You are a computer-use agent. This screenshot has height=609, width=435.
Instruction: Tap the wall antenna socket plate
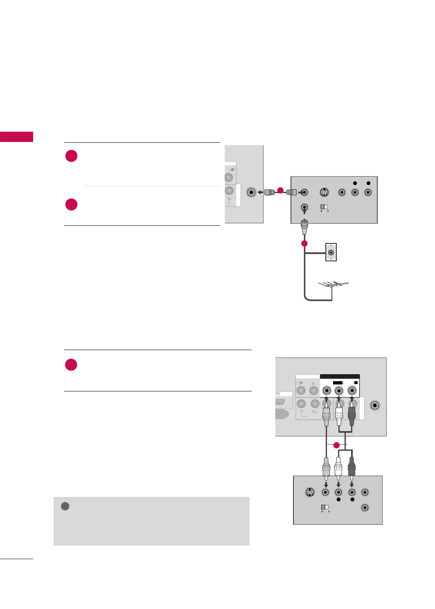pos(331,252)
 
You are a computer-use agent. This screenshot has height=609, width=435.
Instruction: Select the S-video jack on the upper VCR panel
pos(324,192)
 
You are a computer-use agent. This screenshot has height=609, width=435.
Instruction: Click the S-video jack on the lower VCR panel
pos(310,492)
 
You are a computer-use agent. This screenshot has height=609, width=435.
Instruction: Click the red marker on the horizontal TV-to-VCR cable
pos(280,190)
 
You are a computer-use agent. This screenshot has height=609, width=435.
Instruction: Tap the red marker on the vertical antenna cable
pos(304,243)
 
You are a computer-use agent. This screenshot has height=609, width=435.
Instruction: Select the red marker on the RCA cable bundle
pos(336,445)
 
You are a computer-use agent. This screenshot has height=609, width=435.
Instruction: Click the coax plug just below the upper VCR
pos(304,226)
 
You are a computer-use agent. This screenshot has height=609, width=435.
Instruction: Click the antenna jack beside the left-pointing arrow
pos(251,192)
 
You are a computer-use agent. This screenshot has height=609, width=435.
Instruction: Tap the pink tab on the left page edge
pos(16,137)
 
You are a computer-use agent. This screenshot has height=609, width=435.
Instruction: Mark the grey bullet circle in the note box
pos(65,506)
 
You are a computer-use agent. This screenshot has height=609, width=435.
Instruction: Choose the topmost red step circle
pos(71,156)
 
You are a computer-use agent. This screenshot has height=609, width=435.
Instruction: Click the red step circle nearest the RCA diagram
pos(71,364)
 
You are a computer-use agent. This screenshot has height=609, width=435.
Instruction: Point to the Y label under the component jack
pos(302,412)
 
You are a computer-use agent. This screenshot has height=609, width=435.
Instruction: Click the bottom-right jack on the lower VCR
pos(365,508)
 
